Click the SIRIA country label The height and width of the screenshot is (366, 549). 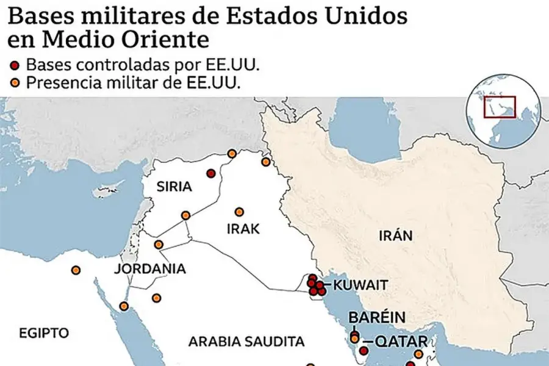(x=174, y=187)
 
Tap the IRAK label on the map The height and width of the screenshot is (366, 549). (x=243, y=229)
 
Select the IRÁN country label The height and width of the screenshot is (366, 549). (x=395, y=235)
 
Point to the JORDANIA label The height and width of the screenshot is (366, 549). (x=149, y=268)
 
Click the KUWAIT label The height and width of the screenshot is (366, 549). (x=362, y=285)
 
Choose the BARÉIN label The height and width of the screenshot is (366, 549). (x=376, y=317)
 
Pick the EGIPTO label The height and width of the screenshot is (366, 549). (x=43, y=333)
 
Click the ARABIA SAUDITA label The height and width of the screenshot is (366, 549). (x=246, y=340)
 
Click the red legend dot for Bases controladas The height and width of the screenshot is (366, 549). (x=16, y=65)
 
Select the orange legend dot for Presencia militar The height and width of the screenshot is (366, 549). (x=16, y=83)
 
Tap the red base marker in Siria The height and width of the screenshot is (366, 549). (x=210, y=173)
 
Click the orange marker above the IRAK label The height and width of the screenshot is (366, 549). (x=239, y=211)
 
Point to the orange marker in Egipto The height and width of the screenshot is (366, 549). (x=76, y=270)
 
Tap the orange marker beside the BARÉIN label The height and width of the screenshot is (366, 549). (x=354, y=339)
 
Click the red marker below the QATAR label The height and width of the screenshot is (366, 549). (x=364, y=351)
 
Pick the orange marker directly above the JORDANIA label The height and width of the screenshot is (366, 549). (x=159, y=245)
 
